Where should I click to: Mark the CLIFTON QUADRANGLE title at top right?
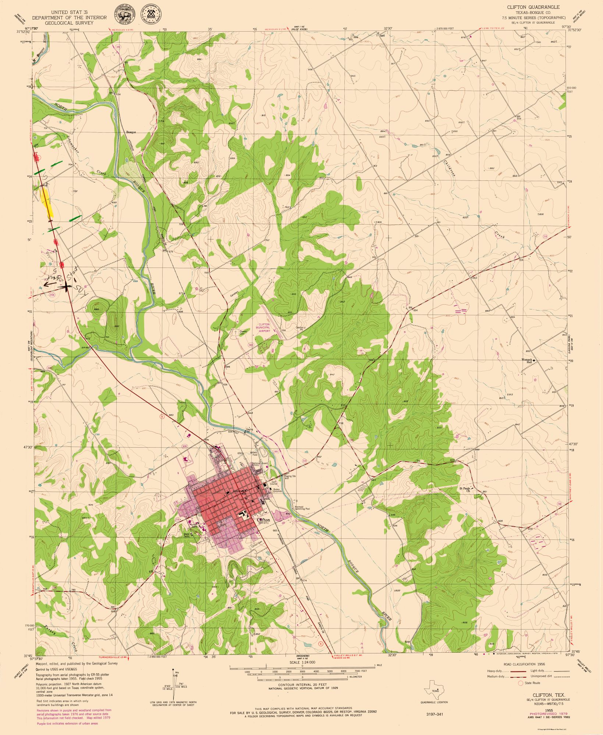pos(528,7)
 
